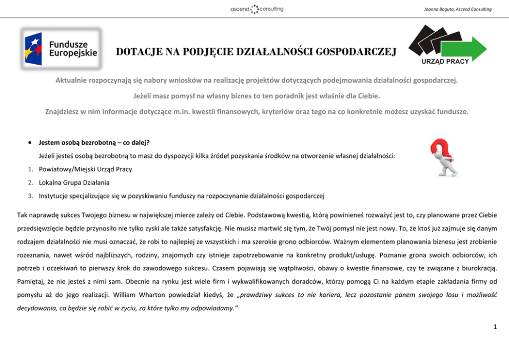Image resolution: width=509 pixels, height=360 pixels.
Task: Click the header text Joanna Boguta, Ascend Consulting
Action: [x=458, y=9]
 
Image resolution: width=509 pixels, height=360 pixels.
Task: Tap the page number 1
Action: [x=495, y=325]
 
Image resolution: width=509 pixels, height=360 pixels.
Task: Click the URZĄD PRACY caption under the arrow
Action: [x=445, y=62]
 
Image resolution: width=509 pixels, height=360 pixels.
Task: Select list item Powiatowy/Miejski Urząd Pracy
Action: [x=85, y=169]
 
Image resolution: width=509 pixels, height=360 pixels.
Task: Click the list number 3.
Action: [x=31, y=195]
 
